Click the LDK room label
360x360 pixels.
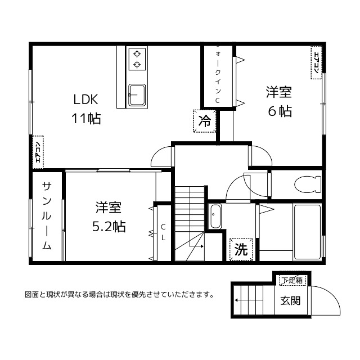coord(85,100)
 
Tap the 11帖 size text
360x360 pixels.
coord(85,119)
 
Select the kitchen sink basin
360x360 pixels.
coord(136,93)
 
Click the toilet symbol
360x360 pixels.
coord(307,183)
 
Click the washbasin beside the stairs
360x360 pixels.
coord(216,216)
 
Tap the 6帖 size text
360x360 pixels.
coord(280,111)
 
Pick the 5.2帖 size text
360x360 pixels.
coord(109,226)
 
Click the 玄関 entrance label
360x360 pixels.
coord(290,300)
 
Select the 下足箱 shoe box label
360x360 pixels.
coord(292,280)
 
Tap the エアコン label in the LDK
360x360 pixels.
coord(38,152)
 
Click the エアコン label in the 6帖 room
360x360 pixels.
coord(316,61)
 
